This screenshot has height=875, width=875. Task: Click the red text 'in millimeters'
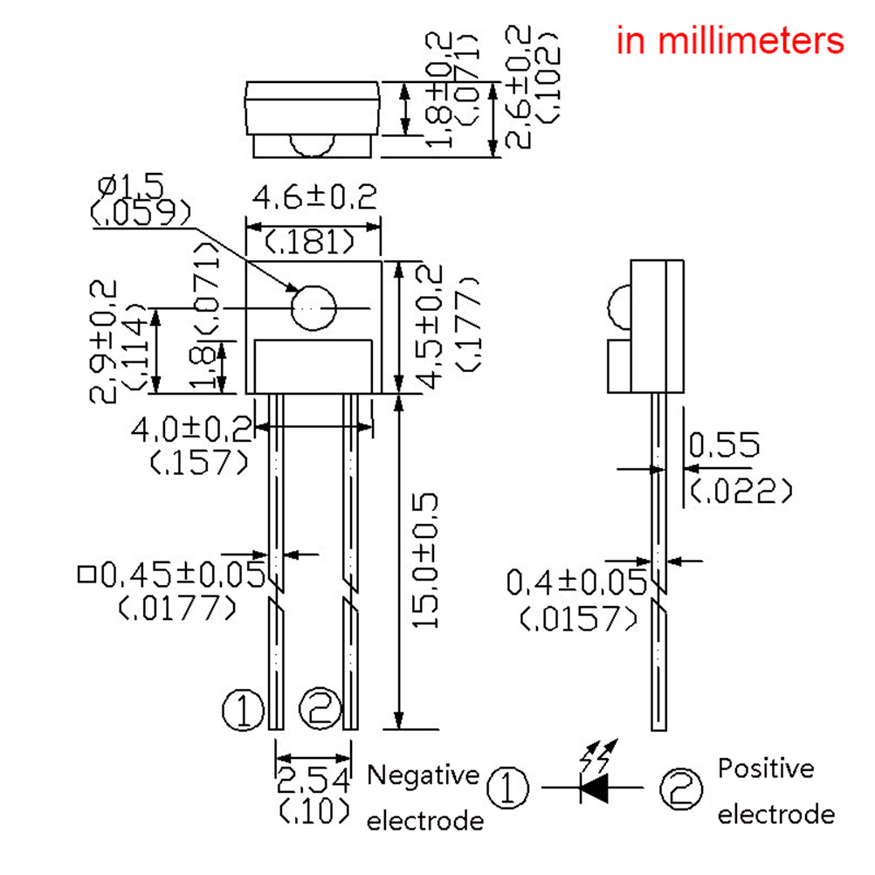click(730, 40)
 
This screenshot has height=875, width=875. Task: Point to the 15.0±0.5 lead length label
click(425, 560)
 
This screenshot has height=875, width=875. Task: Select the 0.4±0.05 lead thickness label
click(576, 580)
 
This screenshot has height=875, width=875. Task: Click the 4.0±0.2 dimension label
click(191, 429)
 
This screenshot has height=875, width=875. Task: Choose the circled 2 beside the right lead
click(320, 706)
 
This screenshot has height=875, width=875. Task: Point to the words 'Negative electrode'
click(424, 797)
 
